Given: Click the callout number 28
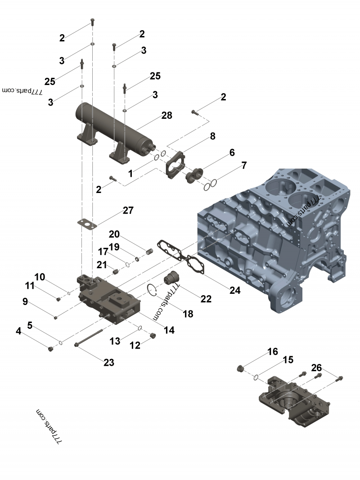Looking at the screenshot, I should tap(166, 116).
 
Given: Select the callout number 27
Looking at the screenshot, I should tap(128, 211).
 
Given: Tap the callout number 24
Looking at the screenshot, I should tap(235, 291).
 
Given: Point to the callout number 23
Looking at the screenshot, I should tap(109, 362).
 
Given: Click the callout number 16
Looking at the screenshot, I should tap(273, 352).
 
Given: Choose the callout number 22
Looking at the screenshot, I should tap(206, 299).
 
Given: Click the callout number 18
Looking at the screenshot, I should tap(188, 314).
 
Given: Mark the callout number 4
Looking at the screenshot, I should tap(18, 331).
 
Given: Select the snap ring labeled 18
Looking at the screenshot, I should tap(152, 291).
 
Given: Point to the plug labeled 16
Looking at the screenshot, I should tap(240, 369).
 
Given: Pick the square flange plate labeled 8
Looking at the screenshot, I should tap(175, 166).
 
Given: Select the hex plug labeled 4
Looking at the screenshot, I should tap(51, 349).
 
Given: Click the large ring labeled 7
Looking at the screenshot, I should tap(214, 183).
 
